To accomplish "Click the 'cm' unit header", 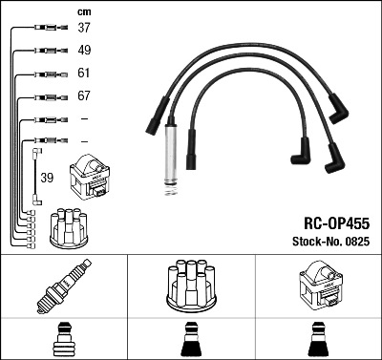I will click(83, 11).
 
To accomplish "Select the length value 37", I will click(84, 29).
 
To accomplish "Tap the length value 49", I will click(84, 51).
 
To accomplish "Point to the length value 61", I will click(84, 74).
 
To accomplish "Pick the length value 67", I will click(84, 96).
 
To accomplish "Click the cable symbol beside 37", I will click(47, 29).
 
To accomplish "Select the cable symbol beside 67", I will click(47, 96).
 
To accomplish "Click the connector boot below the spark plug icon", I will click(63, 341).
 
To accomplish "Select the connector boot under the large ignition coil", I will click(317, 341).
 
